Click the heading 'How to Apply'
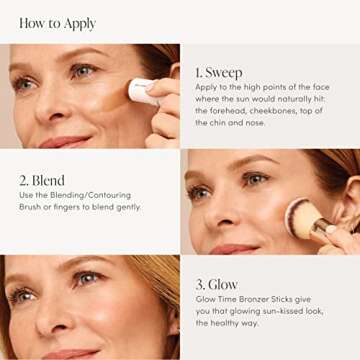tap(57, 22)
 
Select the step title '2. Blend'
tap(42, 180)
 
